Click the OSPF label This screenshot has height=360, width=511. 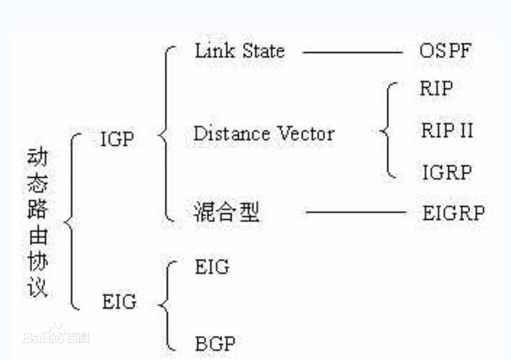[x=445, y=50]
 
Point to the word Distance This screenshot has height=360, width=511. [x=231, y=134]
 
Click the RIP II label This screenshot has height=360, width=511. [x=447, y=130]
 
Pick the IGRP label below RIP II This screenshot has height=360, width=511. [x=447, y=172]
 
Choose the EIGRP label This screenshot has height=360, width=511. [x=454, y=213]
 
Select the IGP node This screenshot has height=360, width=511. [x=117, y=140]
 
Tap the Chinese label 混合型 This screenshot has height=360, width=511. [x=226, y=212]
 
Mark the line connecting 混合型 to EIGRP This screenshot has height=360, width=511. [x=356, y=212]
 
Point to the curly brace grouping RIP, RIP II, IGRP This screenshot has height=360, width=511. [x=388, y=130]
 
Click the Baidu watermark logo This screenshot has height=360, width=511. [x=56, y=335]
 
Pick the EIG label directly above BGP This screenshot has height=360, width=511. [x=212, y=267]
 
